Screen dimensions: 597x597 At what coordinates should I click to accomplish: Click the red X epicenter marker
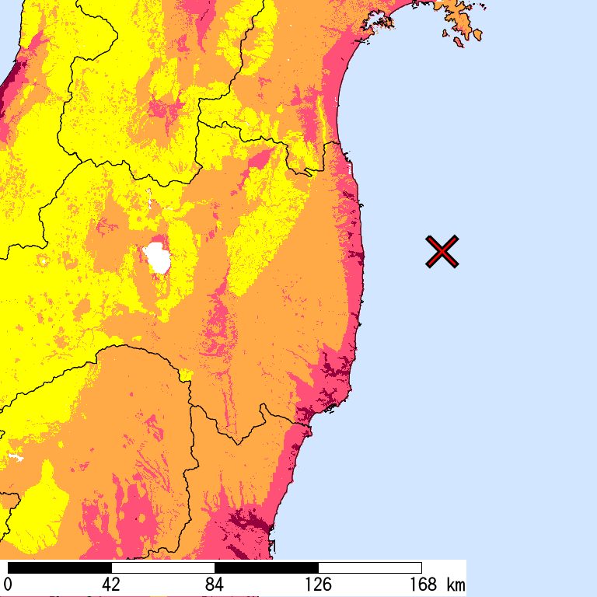point(442,252)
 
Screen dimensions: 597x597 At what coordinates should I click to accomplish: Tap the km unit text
point(456,585)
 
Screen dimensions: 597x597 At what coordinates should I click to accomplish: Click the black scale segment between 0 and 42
point(59,567)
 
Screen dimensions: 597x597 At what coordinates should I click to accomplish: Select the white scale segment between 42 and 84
point(162,567)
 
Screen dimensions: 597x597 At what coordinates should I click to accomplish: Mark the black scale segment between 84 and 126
point(266,567)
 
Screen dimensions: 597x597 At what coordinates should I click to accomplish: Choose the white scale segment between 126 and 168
point(369,567)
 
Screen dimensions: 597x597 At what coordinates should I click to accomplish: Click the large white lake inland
point(159,257)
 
